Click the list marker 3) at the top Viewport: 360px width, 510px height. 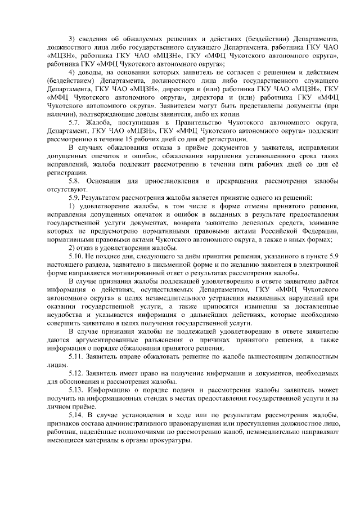click(71, 38)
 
